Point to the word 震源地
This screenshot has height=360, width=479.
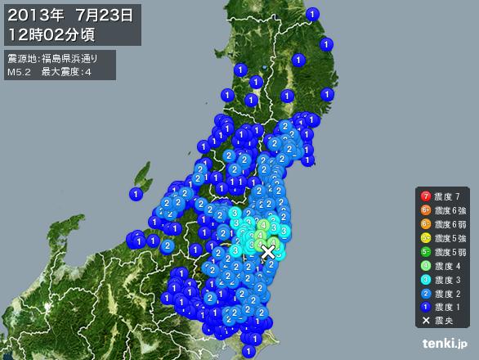[20, 59]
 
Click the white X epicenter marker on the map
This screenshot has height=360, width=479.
[267, 252]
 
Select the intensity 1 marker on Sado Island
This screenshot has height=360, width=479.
[135, 194]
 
